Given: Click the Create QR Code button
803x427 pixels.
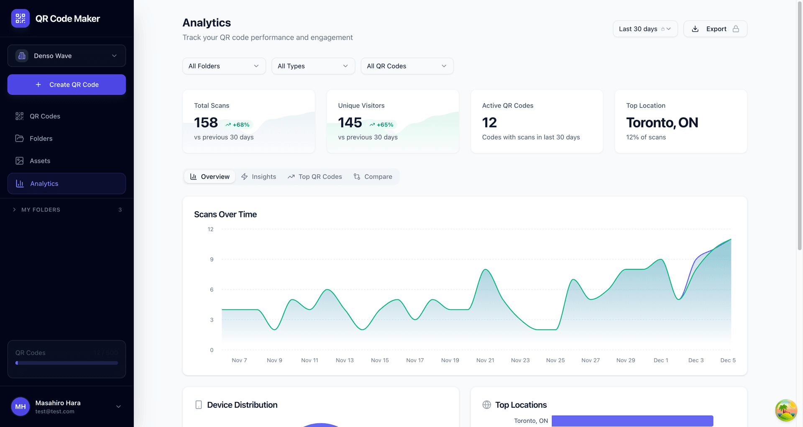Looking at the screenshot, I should pos(66,84).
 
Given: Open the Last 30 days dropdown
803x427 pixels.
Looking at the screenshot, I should pos(645,29).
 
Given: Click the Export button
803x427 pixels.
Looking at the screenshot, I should pos(715,29).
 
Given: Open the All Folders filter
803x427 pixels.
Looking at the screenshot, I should pos(224,66).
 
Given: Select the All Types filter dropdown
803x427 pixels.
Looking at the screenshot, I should pos(313,66).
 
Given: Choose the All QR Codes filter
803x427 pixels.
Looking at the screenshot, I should pos(407,66).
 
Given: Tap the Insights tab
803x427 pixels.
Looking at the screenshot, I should pos(258,176).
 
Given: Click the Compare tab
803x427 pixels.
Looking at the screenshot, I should pos(373,176).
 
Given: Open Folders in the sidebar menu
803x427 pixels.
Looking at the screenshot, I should pos(41,138).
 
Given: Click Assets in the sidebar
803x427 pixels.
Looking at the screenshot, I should pos(40,161).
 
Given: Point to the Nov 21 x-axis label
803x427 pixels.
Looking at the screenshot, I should pos(485,361).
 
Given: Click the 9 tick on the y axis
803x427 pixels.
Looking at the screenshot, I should pos(212,259).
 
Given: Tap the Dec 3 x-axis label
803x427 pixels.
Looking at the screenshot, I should pos(696,361).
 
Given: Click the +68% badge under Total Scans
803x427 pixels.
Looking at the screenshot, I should pos(238,125).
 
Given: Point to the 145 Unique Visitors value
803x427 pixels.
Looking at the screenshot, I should pos(350,123).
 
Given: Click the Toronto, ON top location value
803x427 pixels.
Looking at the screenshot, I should pos(662,123).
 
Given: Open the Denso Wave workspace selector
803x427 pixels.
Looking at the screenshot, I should pos(66,56).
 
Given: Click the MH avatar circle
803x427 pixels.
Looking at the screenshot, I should pos(20,407).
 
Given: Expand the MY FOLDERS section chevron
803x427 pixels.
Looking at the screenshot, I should pos(14,210).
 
